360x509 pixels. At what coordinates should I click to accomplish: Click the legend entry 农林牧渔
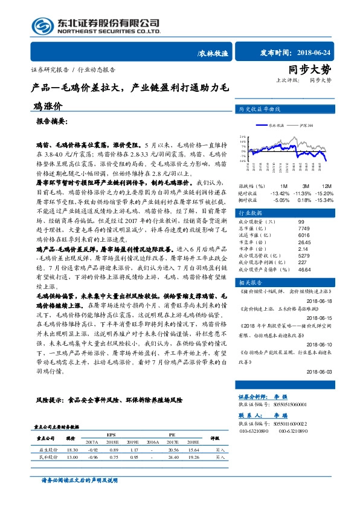(x=268, y=124)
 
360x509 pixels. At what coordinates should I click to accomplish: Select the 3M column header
(x=306, y=186)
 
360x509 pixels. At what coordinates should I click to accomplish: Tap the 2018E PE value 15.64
(x=193, y=450)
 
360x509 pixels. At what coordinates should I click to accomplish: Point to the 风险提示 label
(x=50, y=400)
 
